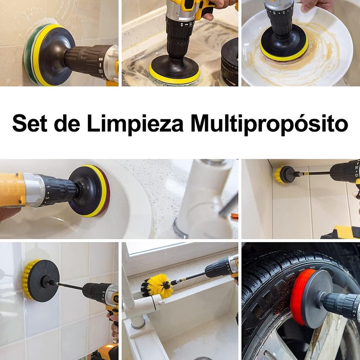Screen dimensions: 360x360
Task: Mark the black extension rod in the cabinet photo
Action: pos(318,173)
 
